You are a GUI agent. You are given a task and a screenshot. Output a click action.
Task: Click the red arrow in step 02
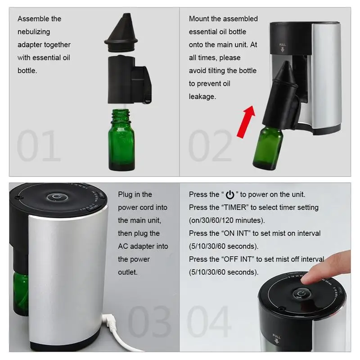tap(246, 122)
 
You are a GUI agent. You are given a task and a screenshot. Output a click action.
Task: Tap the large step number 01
tap(39, 145)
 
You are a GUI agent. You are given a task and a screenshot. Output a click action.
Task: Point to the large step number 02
tap(210, 145)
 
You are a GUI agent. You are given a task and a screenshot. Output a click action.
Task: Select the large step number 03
tap(149, 321)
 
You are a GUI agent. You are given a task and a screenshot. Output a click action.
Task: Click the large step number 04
tap(209, 321)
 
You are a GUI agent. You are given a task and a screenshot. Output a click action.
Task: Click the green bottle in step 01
tap(121, 140)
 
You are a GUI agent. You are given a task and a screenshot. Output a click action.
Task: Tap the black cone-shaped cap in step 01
tap(121, 32)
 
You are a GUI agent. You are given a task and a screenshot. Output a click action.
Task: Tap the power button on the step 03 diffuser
tap(57, 197)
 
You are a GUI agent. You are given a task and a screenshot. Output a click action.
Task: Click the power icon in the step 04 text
tap(230, 195)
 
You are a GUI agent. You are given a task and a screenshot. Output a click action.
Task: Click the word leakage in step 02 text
tap(202, 97)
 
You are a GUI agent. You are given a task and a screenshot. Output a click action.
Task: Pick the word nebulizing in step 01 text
tap(34, 32)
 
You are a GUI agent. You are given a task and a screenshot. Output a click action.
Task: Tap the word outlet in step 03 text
tap(128, 272)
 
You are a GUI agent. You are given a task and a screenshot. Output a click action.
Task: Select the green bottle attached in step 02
tap(268, 148)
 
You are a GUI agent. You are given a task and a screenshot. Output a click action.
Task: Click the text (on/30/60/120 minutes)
tap(227, 220)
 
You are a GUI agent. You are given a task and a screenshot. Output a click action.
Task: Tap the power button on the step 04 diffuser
tap(301, 294)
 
